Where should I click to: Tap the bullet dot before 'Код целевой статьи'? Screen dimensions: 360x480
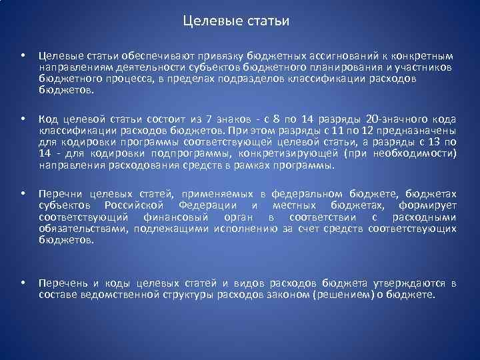coord(22,119)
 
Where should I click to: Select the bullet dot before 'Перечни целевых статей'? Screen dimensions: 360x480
coord(22,194)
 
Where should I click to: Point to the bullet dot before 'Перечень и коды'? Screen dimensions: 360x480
coord(22,283)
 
